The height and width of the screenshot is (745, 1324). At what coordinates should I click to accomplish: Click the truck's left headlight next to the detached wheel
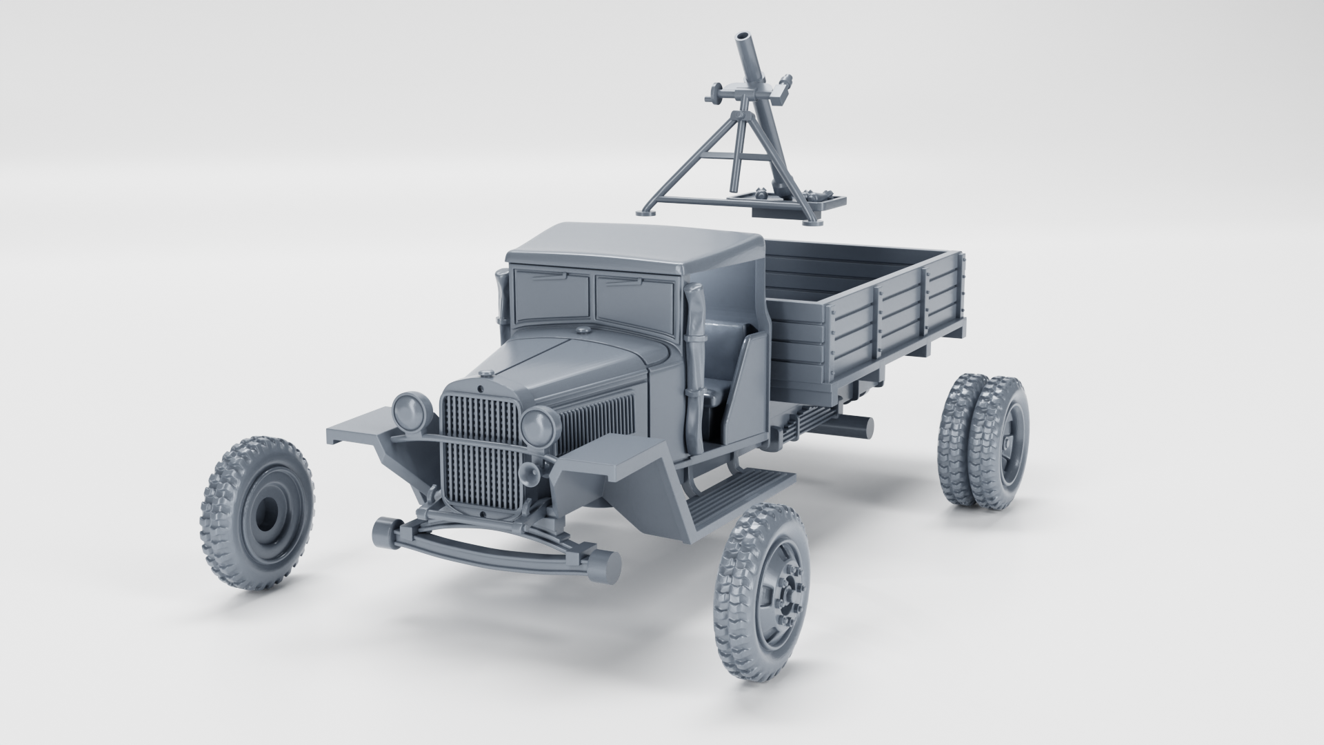click(x=412, y=412)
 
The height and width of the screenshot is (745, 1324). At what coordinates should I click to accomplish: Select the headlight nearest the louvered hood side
click(x=538, y=425)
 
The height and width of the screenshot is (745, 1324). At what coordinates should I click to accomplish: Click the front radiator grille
click(x=481, y=455)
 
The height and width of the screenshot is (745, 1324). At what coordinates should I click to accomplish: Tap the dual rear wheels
click(x=983, y=441)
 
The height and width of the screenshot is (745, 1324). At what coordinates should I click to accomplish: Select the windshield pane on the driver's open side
click(x=634, y=304)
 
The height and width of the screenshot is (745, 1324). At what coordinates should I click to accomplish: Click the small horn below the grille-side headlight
click(x=530, y=473)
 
